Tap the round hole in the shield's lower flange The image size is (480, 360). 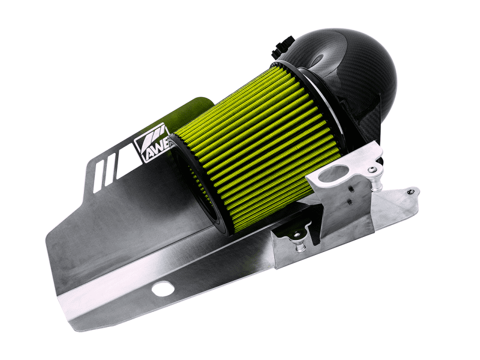(x=163, y=289)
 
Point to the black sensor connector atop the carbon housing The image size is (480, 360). (x=283, y=47)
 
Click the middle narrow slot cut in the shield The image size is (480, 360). (x=110, y=170)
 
